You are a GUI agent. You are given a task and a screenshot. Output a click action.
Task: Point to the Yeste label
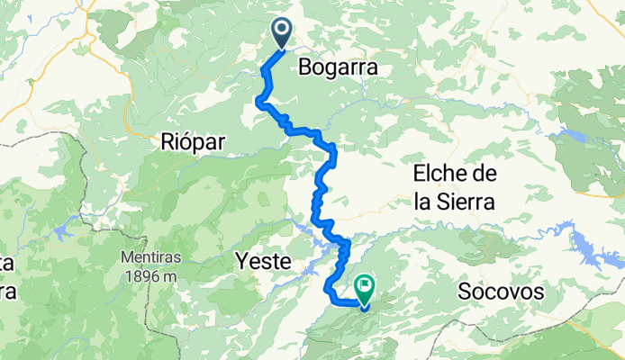[x=262, y=261]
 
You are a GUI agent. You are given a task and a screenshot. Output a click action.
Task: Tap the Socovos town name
[x=502, y=292]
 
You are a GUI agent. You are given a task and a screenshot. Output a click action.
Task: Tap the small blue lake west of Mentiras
[x=65, y=231]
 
